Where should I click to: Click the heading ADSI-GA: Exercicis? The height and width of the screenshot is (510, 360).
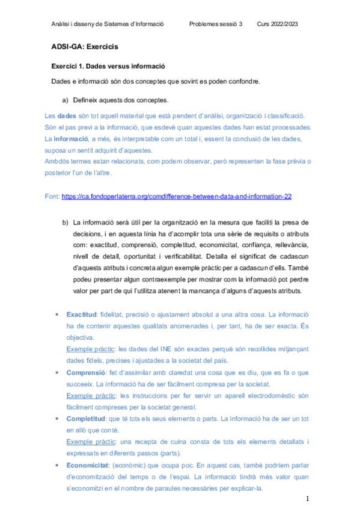tap(85, 46)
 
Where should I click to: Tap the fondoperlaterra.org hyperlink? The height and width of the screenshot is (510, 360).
tap(177, 196)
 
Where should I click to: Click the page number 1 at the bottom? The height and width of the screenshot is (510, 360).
tap(307, 499)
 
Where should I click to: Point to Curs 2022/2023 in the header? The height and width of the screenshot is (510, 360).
tap(278, 24)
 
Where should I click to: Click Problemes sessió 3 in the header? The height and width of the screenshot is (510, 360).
tap(216, 24)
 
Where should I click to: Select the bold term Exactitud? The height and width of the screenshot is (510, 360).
tap(82, 315)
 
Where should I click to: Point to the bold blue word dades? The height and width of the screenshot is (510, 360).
tap(67, 115)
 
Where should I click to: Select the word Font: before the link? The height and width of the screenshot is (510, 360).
tap(52, 196)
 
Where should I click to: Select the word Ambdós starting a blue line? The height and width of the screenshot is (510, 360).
tap(58, 161)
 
